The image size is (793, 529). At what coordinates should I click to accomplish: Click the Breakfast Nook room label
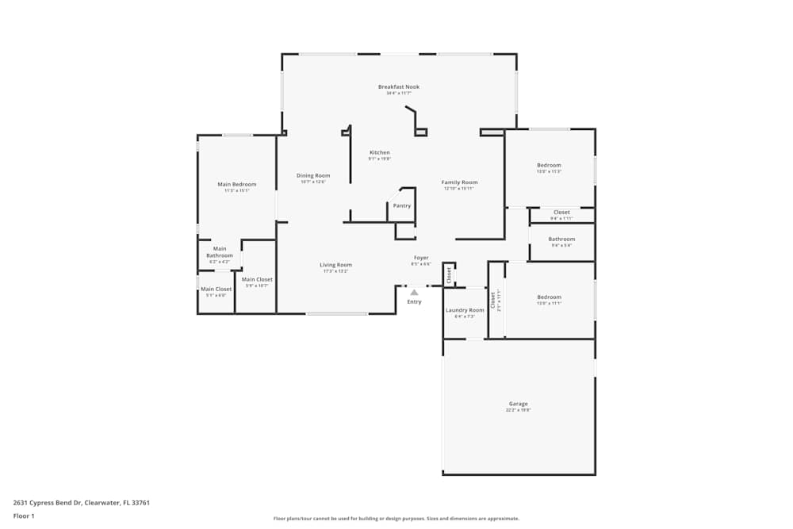point(398,86)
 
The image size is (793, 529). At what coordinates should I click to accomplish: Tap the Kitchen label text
point(380,152)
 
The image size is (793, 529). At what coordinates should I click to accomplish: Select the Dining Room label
point(313,175)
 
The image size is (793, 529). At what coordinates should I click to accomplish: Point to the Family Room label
point(459,182)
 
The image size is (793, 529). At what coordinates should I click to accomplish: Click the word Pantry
point(402,205)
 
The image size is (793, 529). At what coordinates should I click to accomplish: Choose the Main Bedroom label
point(237,184)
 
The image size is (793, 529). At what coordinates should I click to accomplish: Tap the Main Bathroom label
point(220,252)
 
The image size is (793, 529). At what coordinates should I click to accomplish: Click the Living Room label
point(335,265)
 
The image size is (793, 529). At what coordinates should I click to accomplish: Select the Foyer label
point(420,258)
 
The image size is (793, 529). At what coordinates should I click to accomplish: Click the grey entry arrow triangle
point(414,293)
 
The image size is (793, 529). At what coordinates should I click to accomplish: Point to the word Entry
point(414,302)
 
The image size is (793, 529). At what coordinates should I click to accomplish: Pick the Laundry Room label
point(465,310)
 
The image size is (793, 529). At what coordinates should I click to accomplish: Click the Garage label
point(518,404)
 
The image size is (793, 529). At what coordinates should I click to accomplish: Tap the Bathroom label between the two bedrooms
point(561,239)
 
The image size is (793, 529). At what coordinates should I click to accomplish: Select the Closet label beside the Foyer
point(449,274)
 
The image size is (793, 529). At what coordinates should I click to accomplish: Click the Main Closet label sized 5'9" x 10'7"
point(257,279)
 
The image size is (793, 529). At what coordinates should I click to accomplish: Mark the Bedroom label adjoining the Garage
point(549,297)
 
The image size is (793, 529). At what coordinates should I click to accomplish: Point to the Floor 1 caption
point(24,516)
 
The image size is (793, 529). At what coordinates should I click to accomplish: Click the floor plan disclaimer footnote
point(396,519)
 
